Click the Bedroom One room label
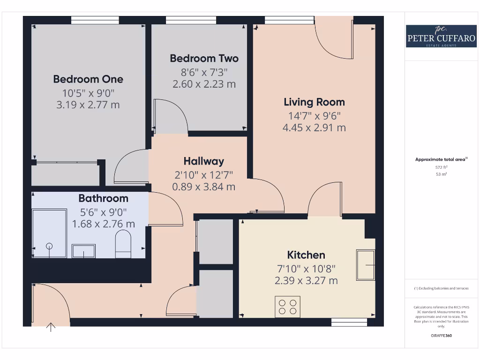88,79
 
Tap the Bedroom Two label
204,58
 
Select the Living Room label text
314,102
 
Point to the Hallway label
203,161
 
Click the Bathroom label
103,198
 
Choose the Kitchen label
306,255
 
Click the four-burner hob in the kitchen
287,307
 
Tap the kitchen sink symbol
366,265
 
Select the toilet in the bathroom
124,244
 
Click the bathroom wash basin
83,251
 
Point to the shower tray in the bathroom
49,233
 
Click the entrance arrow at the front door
51,327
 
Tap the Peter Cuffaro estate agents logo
441,37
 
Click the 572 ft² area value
441,167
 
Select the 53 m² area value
441,174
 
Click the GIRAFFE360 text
441,336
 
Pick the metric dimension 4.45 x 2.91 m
314,127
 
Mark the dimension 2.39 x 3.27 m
306,281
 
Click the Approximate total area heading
441,159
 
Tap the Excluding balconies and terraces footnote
441,288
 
